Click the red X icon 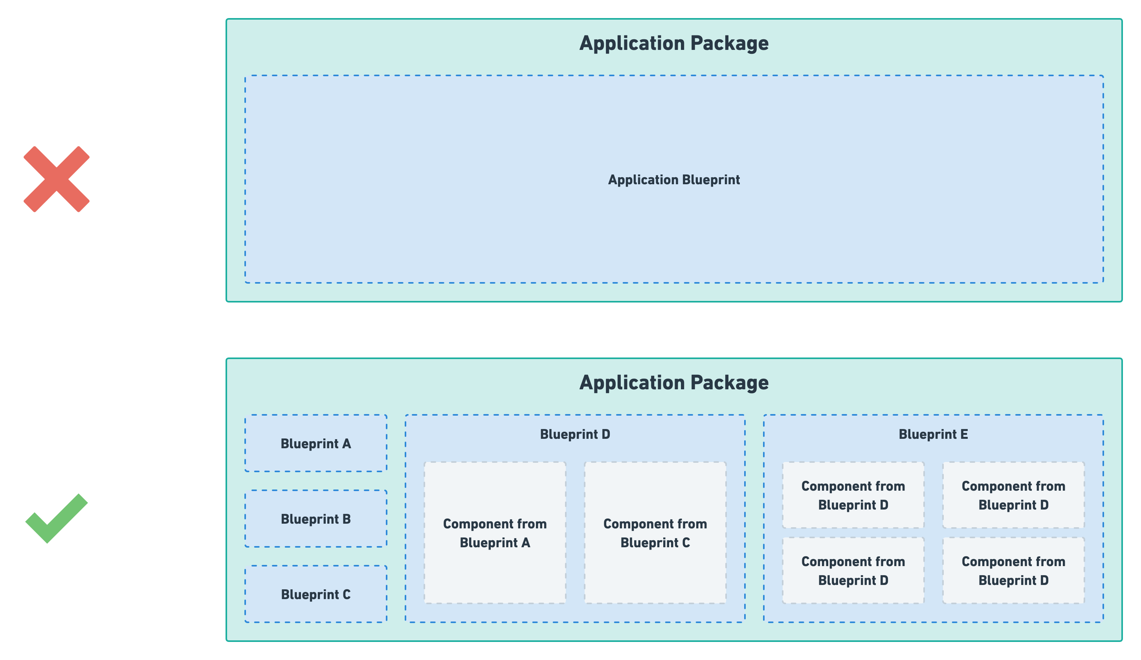pos(57,179)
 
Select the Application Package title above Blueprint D pos(674,383)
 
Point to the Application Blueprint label pos(674,180)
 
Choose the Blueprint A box pos(316,444)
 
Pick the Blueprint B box pos(316,519)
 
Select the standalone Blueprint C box pos(316,594)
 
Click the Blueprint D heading pos(575,434)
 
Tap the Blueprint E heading pos(933,434)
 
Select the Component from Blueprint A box pos(495,533)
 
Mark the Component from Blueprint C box pos(655,533)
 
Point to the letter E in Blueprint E pos(964,434)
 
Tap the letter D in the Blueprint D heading pos(606,434)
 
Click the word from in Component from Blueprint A pos(532,524)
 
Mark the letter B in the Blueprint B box pos(347,519)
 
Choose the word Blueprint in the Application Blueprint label pos(711,180)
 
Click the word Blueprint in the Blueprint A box pos(309,444)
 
